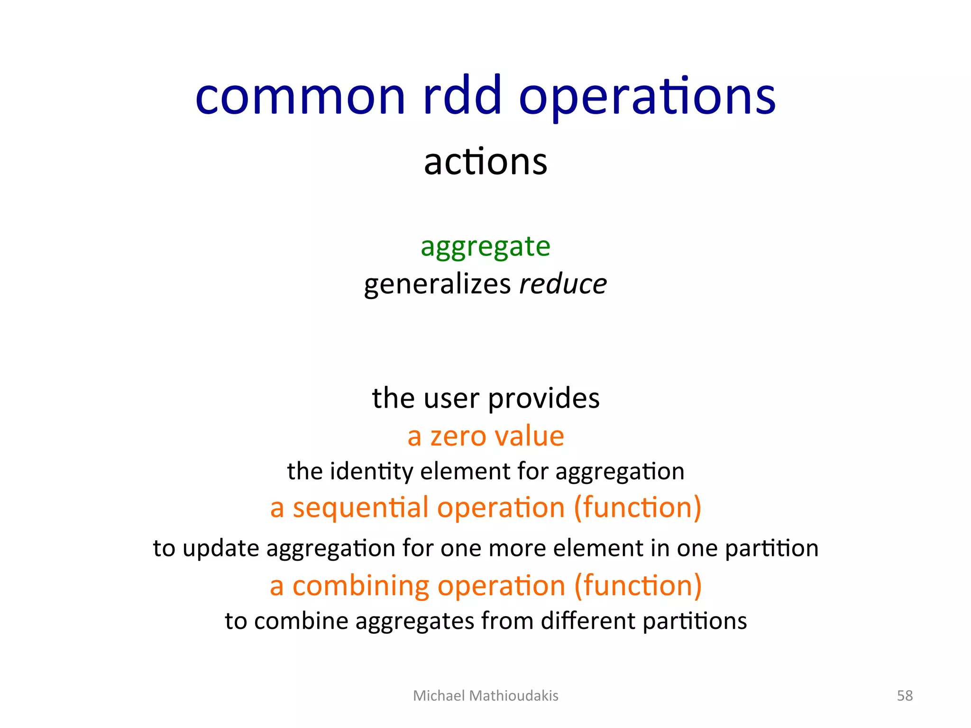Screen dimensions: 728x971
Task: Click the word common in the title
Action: [x=300, y=97]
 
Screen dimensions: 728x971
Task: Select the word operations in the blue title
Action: [x=647, y=97]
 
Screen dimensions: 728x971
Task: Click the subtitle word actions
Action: [x=485, y=162]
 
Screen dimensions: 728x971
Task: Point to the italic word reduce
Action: [x=563, y=284]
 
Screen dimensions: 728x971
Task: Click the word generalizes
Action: [x=437, y=284]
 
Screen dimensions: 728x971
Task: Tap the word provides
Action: [x=544, y=399]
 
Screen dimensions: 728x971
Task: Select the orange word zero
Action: [x=458, y=436]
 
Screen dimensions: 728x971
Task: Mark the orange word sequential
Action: [x=361, y=508]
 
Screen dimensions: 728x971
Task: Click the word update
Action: [x=220, y=549]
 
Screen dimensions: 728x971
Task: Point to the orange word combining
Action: [x=361, y=586]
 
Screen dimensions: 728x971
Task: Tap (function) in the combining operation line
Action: [x=638, y=586]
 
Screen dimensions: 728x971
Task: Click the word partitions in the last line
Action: [x=695, y=621]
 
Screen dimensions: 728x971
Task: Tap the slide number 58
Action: [x=905, y=695]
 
